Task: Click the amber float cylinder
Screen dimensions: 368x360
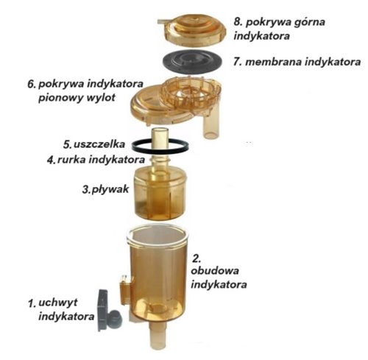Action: click(x=160, y=194)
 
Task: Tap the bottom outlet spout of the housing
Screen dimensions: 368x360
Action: click(x=158, y=335)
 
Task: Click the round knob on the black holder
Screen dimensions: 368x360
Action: click(x=115, y=318)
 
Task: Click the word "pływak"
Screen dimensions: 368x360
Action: click(x=110, y=189)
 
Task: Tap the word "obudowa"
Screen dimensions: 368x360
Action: click(x=215, y=271)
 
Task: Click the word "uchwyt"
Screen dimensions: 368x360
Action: click(x=58, y=303)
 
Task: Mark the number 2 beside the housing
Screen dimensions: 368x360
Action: click(x=197, y=258)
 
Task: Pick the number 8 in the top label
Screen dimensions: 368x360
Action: click(x=237, y=21)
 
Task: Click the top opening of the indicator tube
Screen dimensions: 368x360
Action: click(x=160, y=130)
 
